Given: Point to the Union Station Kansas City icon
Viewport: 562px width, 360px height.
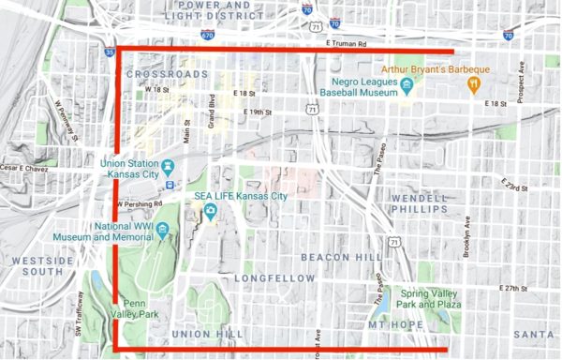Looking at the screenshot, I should [x=169, y=167].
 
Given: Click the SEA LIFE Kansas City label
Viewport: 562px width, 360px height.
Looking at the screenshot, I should [x=241, y=197].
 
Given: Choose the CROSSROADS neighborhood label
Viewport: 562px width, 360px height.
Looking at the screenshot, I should [x=166, y=73].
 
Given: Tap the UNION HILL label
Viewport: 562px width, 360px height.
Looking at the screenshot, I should [x=207, y=334].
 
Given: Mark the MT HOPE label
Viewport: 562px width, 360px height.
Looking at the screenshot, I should [x=391, y=324].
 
